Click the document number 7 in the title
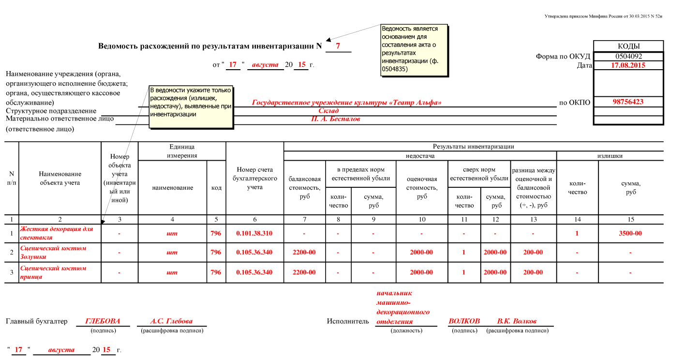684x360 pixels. click(338, 46)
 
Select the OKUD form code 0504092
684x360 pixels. click(628, 56)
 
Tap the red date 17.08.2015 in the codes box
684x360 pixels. click(628, 65)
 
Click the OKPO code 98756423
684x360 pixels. click(628, 102)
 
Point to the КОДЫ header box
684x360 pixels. click(628, 46)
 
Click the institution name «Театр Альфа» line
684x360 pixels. click(347, 103)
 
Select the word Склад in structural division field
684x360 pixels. click(328, 111)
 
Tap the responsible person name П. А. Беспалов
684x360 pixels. click(335, 119)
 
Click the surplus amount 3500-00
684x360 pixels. click(630, 233)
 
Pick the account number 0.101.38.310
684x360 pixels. click(254, 233)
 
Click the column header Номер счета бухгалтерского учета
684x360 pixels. click(254, 178)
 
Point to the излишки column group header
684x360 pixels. click(610, 156)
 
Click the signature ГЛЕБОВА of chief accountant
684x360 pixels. click(103, 321)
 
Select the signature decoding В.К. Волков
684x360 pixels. click(517, 321)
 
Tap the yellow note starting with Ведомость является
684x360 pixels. click(415, 50)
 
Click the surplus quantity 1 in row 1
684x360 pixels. click(577, 233)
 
